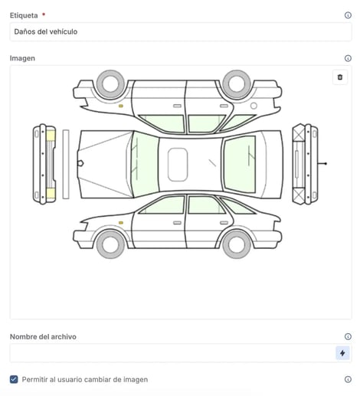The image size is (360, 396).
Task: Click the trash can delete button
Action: [340, 77]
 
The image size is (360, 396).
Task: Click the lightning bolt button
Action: [342, 353]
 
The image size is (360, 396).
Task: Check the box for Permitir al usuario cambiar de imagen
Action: [14, 379]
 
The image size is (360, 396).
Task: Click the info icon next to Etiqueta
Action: [348, 15]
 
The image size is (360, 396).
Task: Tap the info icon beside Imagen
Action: [348, 58]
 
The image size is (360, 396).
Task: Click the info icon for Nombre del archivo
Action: [348, 336]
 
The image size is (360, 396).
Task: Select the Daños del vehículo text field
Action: [181, 31]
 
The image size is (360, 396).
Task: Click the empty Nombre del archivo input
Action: [172, 353]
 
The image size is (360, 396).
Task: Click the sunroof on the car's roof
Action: [178, 165]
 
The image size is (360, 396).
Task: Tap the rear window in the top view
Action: [240, 165]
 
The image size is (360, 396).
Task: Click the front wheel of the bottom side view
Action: [110, 244]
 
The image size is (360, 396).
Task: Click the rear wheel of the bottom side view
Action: [237, 244]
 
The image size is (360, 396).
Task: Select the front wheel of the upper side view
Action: [110, 84]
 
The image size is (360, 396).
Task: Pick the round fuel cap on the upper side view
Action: [254, 106]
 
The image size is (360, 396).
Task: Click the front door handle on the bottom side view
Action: [177, 223]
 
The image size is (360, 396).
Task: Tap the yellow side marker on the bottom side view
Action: [121, 223]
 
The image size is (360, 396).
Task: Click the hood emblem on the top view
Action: [80, 163]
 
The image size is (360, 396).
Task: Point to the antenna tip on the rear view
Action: [326, 163]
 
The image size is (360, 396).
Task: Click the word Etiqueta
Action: [24, 15]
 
